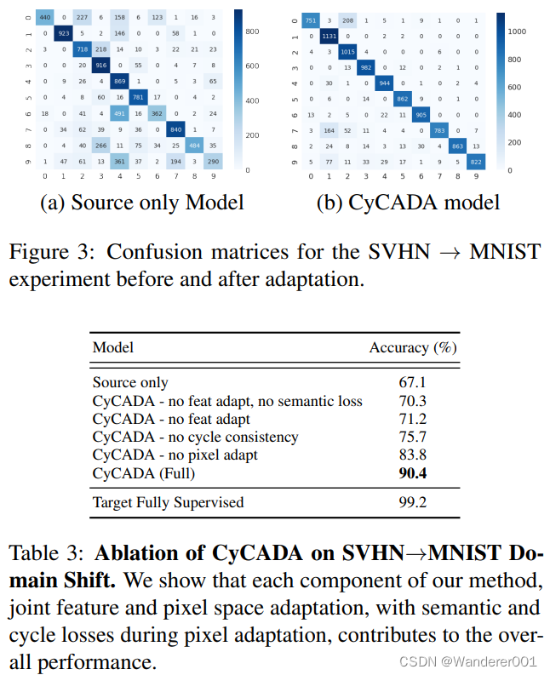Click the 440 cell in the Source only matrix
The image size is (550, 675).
coord(44,18)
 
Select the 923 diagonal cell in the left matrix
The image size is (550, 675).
coord(64,34)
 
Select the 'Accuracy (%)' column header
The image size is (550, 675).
coord(413,347)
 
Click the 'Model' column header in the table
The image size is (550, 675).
coord(112,347)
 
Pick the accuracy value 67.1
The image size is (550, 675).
coord(413,383)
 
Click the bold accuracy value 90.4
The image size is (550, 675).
coord(413,472)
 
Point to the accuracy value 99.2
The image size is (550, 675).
coord(413,503)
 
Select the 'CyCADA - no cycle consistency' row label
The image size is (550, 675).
coord(195,437)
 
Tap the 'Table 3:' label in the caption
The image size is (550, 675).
coord(47,552)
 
